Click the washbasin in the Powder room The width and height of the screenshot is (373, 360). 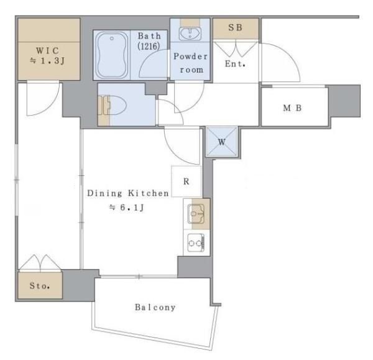pyautogui.click(x=188, y=32)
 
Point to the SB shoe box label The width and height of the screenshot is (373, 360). pyautogui.click(x=236, y=29)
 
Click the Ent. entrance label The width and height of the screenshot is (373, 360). pyautogui.click(x=236, y=64)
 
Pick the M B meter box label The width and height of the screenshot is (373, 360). pyautogui.click(x=292, y=108)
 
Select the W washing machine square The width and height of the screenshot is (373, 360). pyautogui.click(x=222, y=142)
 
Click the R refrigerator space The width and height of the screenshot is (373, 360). pyautogui.click(x=186, y=182)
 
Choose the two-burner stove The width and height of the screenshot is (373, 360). pyautogui.click(x=196, y=242)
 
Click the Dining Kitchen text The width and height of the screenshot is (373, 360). pyautogui.click(x=127, y=193)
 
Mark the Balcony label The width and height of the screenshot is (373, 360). pyautogui.click(x=155, y=307)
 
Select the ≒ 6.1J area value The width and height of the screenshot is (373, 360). pyautogui.click(x=127, y=208)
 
